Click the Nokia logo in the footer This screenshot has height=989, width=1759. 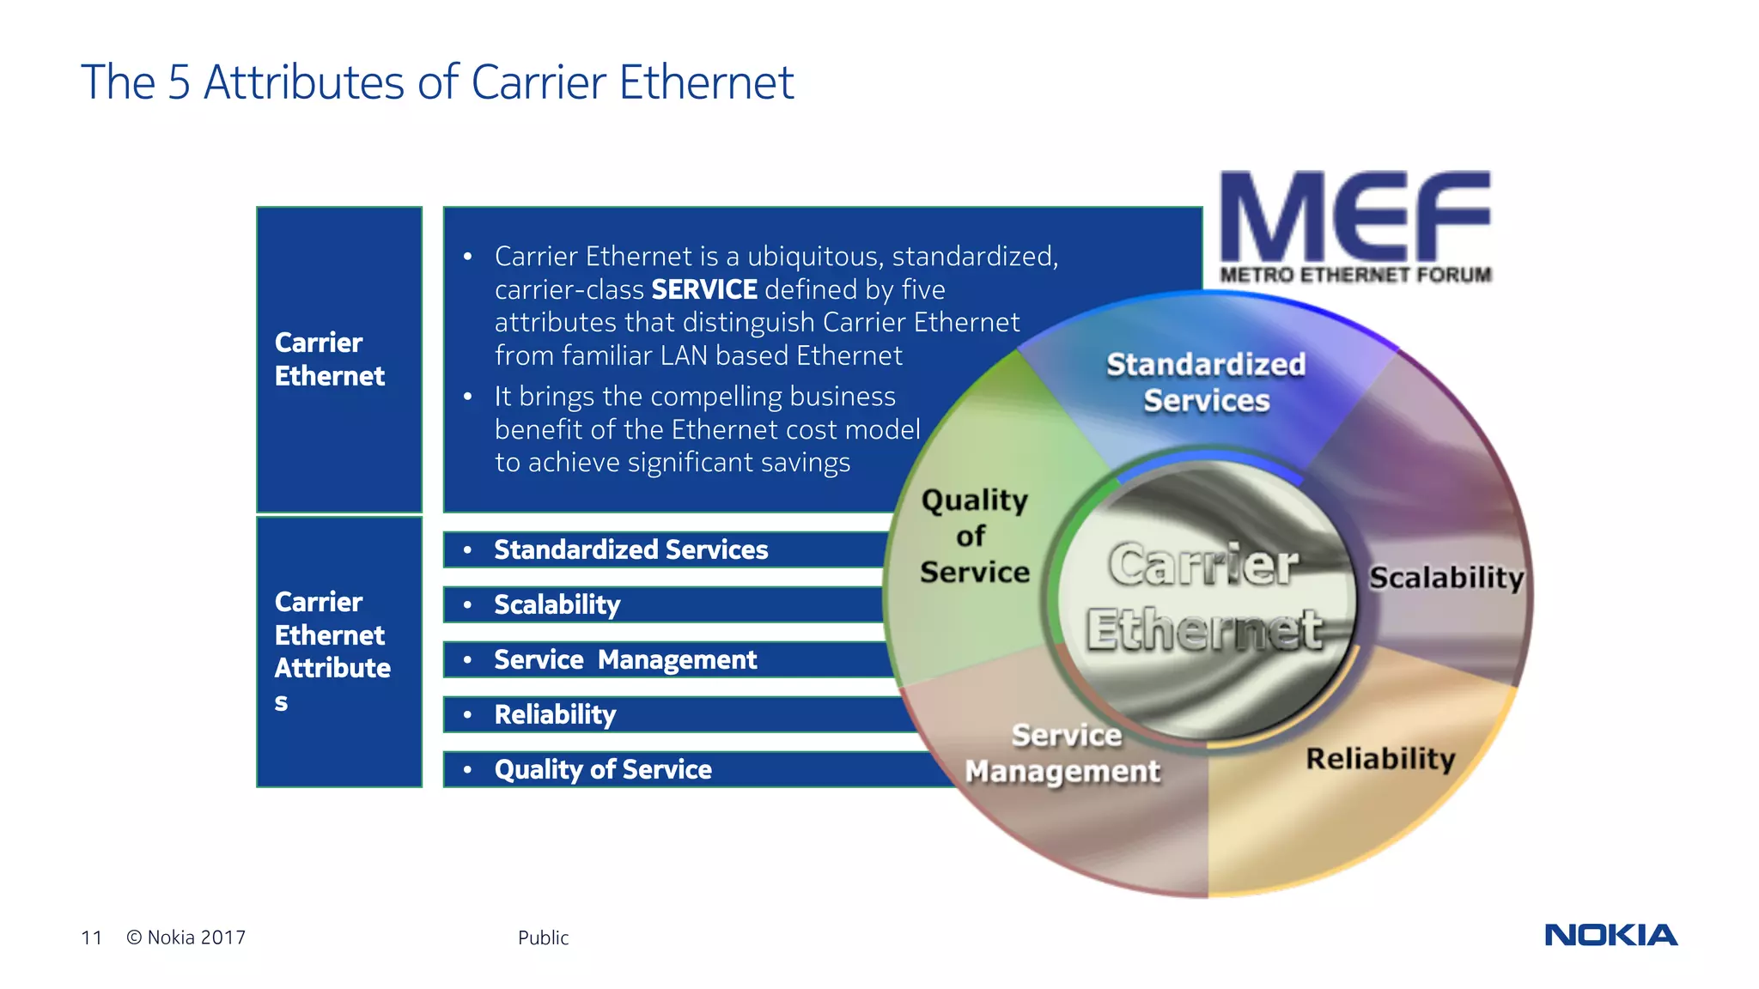click(x=1610, y=935)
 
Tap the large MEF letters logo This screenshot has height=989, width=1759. click(x=1354, y=216)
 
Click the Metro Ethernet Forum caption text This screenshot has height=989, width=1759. click(x=1355, y=275)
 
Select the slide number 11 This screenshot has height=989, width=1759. click(x=91, y=937)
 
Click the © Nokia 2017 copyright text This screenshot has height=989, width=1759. click(x=186, y=937)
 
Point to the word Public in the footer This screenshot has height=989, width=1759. click(x=543, y=937)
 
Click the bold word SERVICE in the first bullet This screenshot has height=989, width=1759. click(x=704, y=289)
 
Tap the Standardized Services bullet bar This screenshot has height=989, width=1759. click(x=630, y=549)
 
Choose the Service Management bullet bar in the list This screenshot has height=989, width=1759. click(x=625, y=659)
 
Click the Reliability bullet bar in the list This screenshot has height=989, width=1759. click(x=555, y=714)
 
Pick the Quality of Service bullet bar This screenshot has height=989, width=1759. click(x=603, y=769)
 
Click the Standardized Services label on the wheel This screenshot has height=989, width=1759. click(x=1206, y=382)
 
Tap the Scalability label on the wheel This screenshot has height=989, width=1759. click(x=1446, y=578)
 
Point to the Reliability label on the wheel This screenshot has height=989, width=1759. click(x=1380, y=759)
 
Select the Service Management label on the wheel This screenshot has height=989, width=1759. click(x=1063, y=754)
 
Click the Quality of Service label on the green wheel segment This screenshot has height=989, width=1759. click(x=974, y=536)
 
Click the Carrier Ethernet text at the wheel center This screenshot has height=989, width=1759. click(x=1204, y=597)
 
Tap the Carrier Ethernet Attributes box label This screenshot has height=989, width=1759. click(x=332, y=651)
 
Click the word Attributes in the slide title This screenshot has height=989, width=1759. click(x=303, y=82)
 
